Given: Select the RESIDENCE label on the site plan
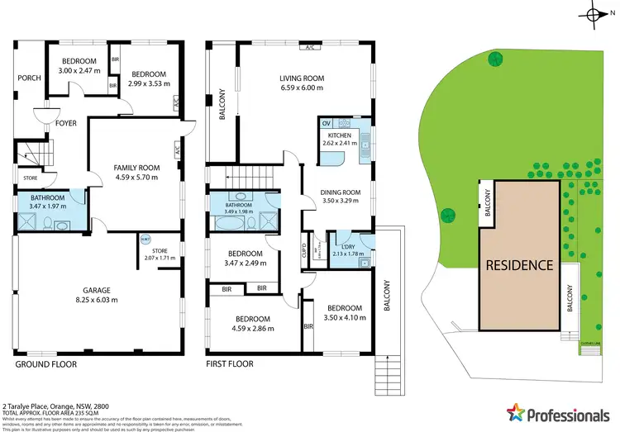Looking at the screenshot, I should click(518, 265).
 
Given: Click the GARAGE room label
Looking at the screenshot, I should click(97, 291).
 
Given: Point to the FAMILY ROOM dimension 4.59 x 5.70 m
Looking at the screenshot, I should click(136, 178).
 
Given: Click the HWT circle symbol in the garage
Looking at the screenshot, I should click(145, 240).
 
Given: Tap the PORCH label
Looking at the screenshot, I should click(29, 78).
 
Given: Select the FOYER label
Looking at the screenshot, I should click(66, 123).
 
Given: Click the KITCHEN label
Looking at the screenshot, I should click(340, 135).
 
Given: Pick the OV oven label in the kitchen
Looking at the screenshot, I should click(326, 123).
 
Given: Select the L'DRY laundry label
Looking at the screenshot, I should click(348, 246).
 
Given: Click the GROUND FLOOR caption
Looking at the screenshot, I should click(45, 363).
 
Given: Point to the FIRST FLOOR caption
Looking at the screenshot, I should click(230, 363).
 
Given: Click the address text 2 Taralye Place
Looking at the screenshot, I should click(31, 406).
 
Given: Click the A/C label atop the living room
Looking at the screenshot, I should click(311, 47).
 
